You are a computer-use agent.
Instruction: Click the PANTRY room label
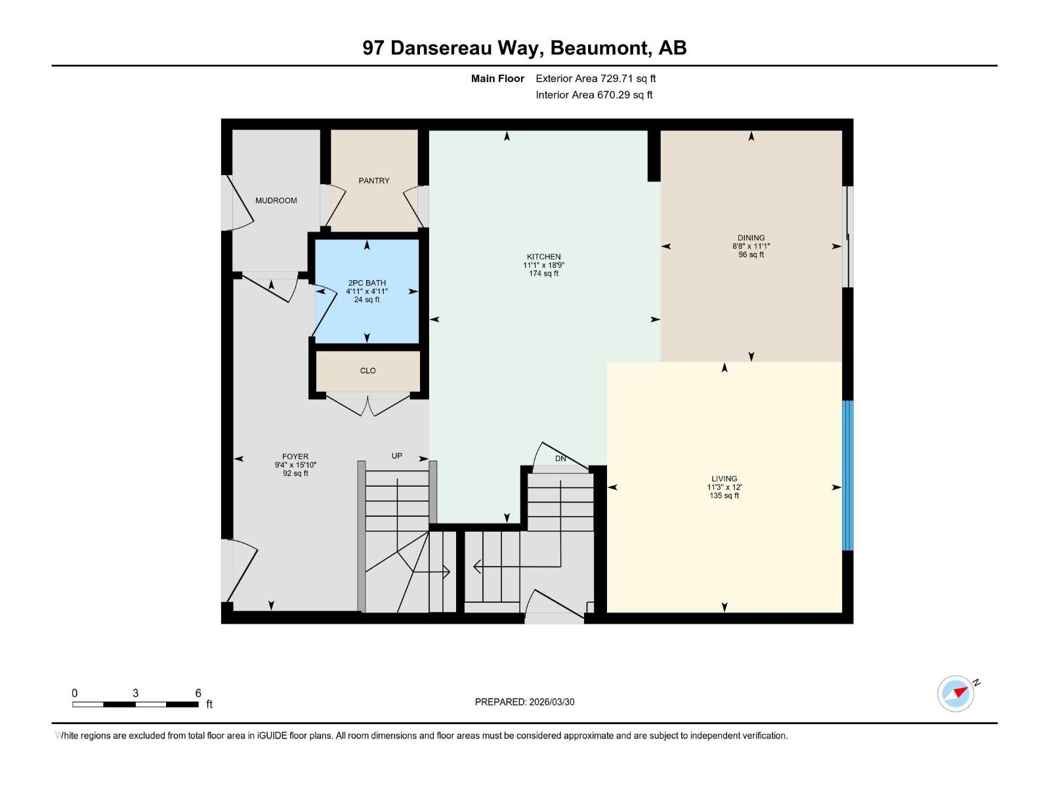point(373,180)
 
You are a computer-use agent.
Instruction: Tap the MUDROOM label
point(276,201)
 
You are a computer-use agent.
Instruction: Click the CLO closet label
point(367,371)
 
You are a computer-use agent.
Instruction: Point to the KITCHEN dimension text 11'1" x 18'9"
point(543,266)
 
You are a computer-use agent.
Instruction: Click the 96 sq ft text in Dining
point(751,254)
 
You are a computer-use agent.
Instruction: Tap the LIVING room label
point(724,479)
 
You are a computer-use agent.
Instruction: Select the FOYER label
point(295,456)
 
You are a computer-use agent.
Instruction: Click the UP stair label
point(397,456)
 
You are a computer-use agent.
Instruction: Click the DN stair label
point(560,458)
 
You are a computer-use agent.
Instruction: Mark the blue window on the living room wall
point(847,475)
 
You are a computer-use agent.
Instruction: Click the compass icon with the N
point(956,693)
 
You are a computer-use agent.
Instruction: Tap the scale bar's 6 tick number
point(198,693)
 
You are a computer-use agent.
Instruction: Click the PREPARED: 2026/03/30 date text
point(524,702)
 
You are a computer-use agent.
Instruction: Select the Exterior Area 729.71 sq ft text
point(595,79)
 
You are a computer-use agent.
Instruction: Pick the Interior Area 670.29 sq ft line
point(594,95)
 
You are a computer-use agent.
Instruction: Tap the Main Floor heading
point(497,79)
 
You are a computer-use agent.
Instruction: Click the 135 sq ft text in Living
point(724,496)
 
